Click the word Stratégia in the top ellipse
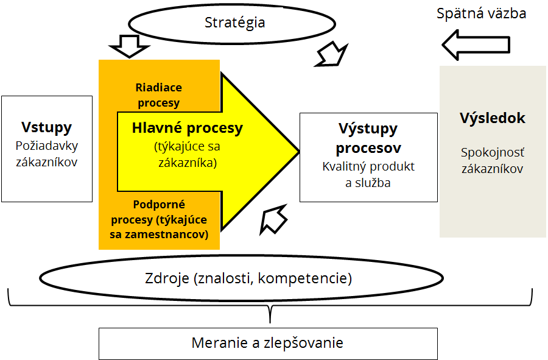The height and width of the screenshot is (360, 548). tap(234, 23)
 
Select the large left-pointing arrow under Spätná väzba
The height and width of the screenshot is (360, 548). tap(476, 45)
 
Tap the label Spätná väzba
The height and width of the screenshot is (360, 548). tap(481, 13)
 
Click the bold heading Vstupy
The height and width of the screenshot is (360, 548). tap(46, 127)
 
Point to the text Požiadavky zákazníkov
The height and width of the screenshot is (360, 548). tap(46, 154)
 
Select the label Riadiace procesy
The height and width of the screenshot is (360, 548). tap(159, 95)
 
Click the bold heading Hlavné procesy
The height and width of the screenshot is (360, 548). tap(188, 129)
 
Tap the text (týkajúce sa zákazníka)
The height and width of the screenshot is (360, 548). tap(188, 155)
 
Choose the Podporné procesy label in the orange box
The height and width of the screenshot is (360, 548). tap(159, 219)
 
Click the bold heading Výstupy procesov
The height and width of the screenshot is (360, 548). tap(368, 138)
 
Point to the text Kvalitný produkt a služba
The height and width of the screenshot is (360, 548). tap(368, 175)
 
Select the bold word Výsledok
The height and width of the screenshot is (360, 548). tap(493, 118)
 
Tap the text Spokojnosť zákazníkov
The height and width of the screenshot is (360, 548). tap(493, 161)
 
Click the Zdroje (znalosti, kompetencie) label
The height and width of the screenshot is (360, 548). tap(248, 278)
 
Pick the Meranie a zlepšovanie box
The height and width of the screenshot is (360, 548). tap(268, 344)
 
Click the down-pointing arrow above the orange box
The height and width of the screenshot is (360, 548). tap(129, 46)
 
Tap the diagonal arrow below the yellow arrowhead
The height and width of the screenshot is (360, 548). tap(273, 219)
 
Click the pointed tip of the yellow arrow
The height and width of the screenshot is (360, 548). tap(299, 152)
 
